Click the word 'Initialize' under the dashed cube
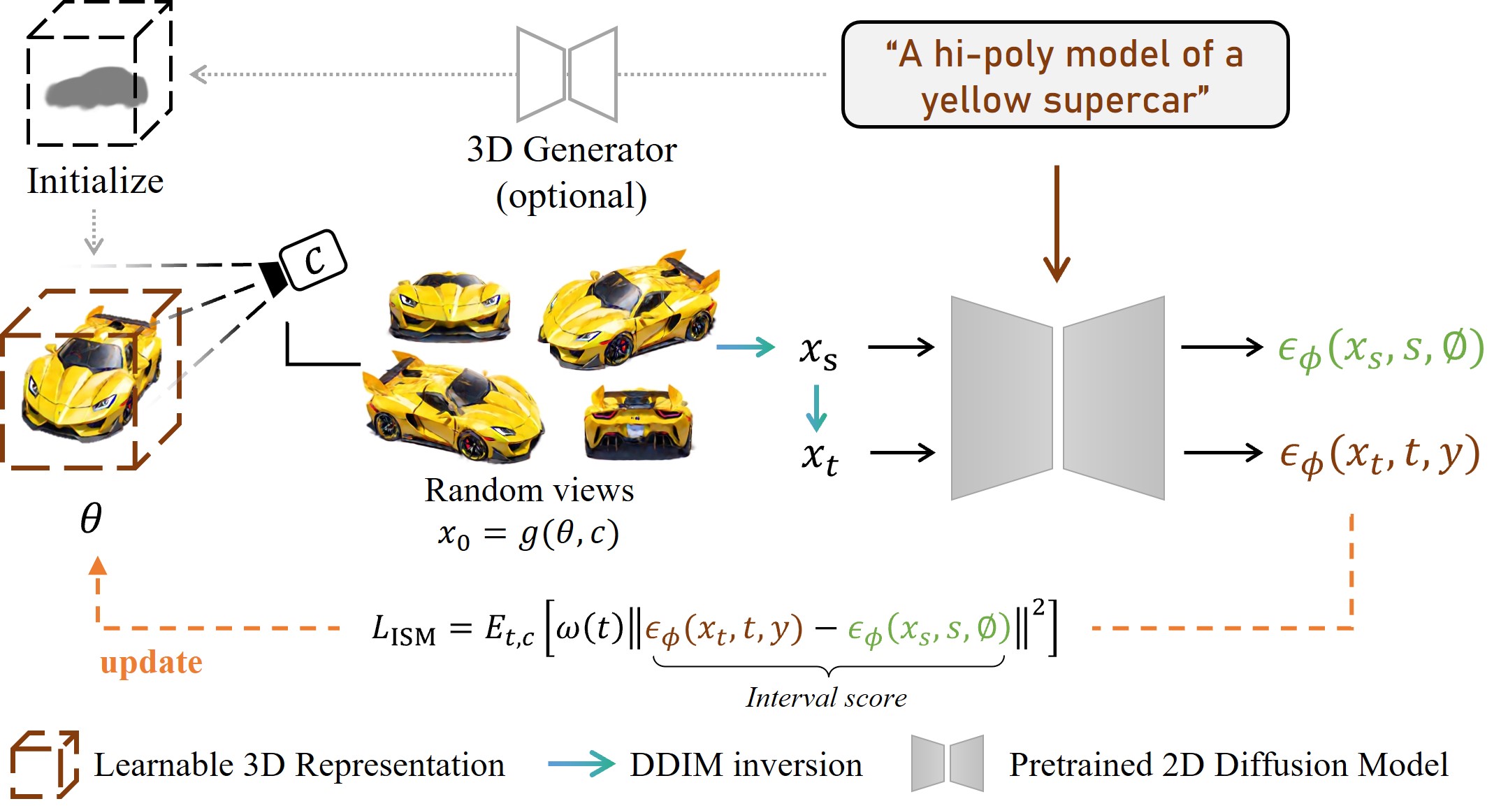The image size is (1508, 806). (95, 181)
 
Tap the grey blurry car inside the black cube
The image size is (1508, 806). (96, 89)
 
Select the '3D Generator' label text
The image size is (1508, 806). (572, 150)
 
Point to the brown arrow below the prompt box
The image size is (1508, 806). (1057, 224)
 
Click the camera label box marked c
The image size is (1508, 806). (313, 260)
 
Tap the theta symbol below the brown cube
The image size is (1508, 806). (91, 518)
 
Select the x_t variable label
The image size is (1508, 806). (820, 458)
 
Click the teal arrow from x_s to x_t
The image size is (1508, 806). (816, 408)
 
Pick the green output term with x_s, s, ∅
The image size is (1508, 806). (1381, 349)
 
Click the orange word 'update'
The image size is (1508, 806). (151, 662)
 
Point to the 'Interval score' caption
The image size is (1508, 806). (826, 698)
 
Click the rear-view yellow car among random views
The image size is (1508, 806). (638, 422)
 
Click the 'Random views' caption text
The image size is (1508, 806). (529, 490)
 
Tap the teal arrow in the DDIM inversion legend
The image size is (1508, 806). (581, 763)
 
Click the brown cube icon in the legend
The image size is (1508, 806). (45, 764)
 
